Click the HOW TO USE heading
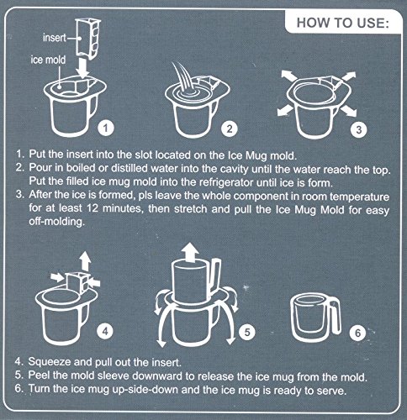(x=342, y=23)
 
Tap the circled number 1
(x=106, y=128)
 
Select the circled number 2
(x=230, y=129)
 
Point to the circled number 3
(x=359, y=129)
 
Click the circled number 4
(x=105, y=332)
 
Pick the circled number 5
(x=247, y=332)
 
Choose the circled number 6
(x=358, y=333)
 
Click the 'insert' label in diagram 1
(x=55, y=38)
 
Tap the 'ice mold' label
(x=48, y=60)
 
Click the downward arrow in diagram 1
(x=83, y=67)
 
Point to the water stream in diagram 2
(x=183, y=77)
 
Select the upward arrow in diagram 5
(x=190, y=251)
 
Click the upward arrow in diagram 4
(x=86, y=261)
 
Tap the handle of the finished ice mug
(x=335, y=318)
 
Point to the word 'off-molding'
(x=56, y=222)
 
